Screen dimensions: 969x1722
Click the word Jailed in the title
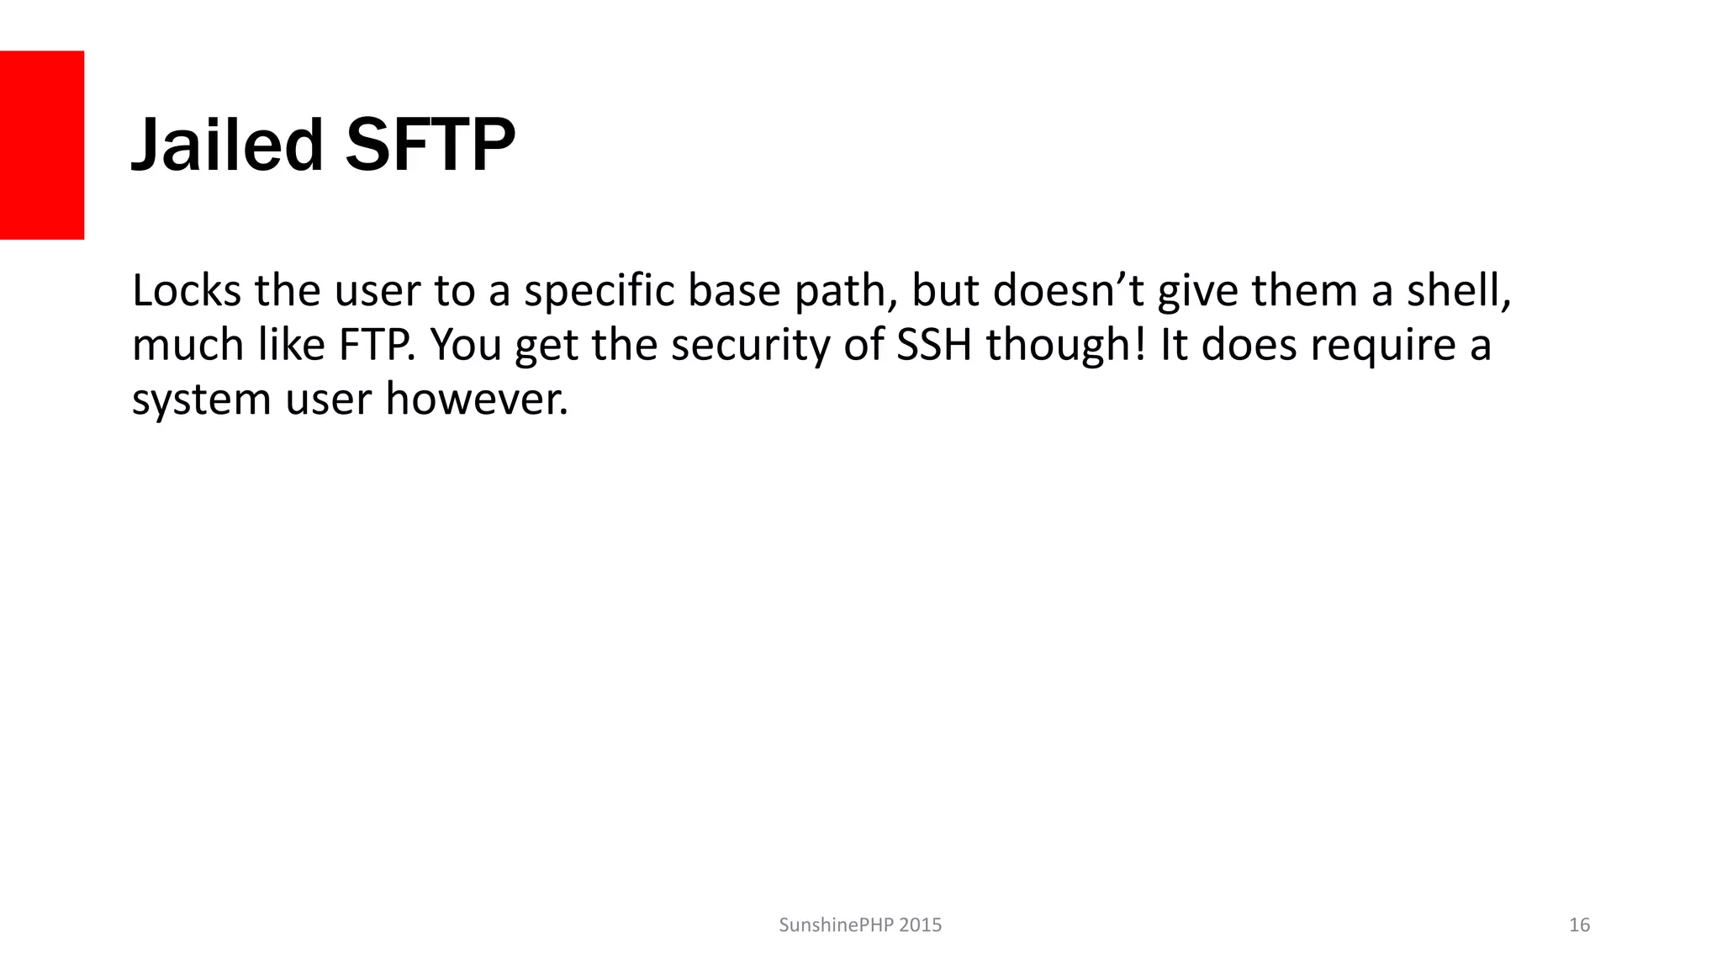point(227,145)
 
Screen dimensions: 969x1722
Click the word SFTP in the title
point(430,145)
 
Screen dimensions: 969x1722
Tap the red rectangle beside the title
point(42,145)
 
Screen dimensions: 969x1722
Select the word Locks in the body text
point(187,291)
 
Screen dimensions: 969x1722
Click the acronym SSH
point(934,345)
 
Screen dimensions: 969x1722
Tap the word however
point(477,400)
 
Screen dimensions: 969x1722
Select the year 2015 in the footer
point(920,925)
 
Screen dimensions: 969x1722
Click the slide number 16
point(1579,925)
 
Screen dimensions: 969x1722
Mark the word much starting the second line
point(188,345)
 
